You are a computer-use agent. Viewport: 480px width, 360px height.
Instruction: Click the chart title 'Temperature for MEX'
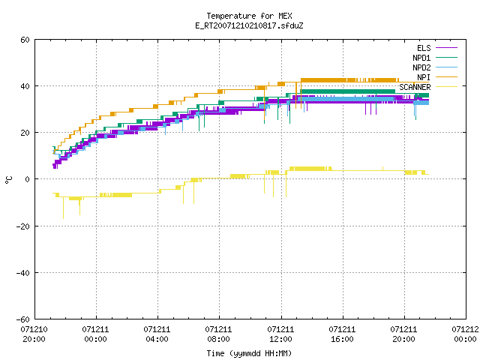(x=249, y=16)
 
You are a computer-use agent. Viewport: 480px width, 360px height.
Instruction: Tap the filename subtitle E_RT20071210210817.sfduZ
(x=249, y=25)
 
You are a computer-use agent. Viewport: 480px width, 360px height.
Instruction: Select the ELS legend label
(x=424, y=48)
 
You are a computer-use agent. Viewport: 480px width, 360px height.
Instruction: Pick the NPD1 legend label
(x=421, y=58)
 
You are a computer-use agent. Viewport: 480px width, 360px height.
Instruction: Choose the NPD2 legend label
(x=421, y=67)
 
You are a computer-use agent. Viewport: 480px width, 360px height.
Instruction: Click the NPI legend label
(x=424, y=77)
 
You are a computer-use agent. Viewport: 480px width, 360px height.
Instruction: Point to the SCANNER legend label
(x=415, y=87)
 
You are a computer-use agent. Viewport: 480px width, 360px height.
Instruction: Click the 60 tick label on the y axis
(x=25, y=40)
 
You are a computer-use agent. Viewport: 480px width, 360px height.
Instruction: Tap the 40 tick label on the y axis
(x=25, y=86)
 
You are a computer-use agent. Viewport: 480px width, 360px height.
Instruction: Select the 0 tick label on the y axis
(x=27, y=179)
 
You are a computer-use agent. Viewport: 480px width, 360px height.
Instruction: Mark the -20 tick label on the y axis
(x=23, y=226)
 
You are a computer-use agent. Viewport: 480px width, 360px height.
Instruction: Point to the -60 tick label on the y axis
(x=23, y=319)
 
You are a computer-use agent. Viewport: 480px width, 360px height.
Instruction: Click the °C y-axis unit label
(x=9, y=180)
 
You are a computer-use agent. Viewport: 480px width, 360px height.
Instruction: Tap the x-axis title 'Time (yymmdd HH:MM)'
(x=249, y=353)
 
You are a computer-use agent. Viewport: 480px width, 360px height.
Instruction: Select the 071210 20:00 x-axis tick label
(x=34, y=334)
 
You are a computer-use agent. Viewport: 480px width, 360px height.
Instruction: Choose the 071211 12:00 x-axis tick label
(x=280, y=334)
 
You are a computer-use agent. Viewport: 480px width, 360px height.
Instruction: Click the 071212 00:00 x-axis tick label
(x=465, y=334)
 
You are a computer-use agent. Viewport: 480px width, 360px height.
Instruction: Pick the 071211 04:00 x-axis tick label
(x=157, y=334)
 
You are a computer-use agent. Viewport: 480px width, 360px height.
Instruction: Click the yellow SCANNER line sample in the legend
(x=447, y=87)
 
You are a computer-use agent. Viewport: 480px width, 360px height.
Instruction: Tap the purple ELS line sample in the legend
(x=447, y=48)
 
